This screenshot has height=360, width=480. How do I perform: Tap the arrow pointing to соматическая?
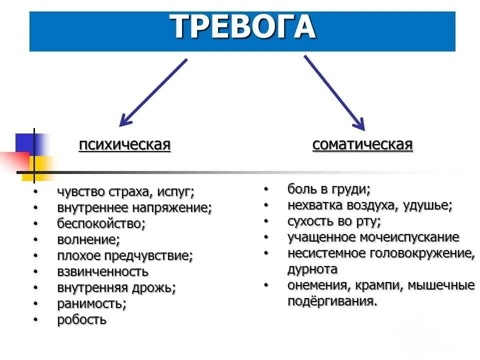pos(334,92)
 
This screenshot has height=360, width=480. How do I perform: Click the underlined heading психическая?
pos(124,145)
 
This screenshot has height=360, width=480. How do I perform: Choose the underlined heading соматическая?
pos(362,145)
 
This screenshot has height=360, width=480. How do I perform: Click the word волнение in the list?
pos(88,239)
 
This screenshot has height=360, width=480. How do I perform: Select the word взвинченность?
pos(103,271)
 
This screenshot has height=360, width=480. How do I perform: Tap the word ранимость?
pos(91,303)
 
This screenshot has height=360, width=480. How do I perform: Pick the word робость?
pos(82,319)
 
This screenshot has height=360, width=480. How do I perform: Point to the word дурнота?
pos(312,269)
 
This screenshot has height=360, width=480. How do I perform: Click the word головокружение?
pos(422,253)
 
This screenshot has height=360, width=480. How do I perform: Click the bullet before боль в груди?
pos(266,189)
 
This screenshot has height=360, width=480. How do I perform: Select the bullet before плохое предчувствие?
pos(35,255)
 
